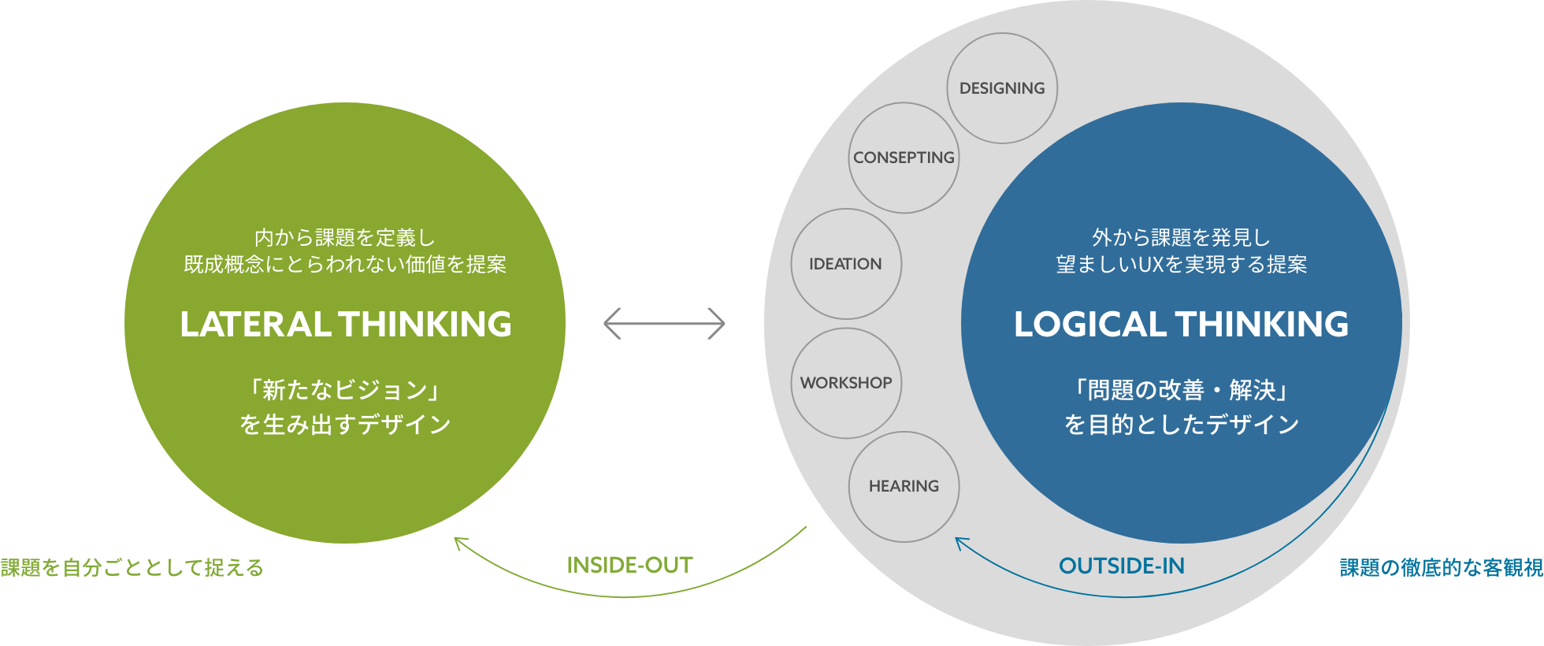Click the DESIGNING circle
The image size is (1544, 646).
tap(1002, 88)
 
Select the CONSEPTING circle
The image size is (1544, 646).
tap(904, 158)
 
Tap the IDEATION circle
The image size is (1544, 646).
tap(846, 264)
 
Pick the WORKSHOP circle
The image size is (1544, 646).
tap(846, 383)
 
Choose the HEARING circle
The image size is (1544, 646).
tap(904, 486)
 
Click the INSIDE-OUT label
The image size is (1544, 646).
tap(629, 565)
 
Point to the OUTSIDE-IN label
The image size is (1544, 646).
tap(1121, 566)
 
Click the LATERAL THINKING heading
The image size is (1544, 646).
tap(345, 325)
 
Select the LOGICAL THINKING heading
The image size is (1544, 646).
tap(1181, 325)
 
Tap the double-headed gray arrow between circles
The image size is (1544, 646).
tap(664, 323)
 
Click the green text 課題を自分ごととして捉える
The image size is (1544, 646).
tap(132, 568)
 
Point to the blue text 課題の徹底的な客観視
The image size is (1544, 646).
tap(1441, 568)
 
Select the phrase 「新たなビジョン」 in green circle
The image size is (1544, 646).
tap(345, 390)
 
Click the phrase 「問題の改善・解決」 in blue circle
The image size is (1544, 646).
tap(1181, 390)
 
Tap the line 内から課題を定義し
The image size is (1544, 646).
tap(345, 237)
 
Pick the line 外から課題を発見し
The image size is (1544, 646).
tap(1181, 237)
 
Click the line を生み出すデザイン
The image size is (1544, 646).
tap(345, 425)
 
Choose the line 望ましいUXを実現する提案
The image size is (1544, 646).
tap(1181, 265)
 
